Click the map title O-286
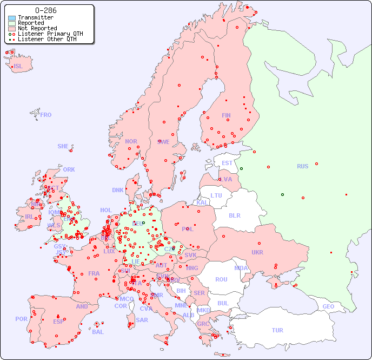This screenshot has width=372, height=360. tap(45, 10)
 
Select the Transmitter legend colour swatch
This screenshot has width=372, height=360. tap(12, 18)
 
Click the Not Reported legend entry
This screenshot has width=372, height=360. tap(37, 28)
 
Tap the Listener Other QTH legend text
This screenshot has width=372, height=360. tap(50, 39)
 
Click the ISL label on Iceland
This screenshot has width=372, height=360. tap(18, 67)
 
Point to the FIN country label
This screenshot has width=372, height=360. tap(226, 115)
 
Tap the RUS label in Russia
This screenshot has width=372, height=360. tap(302, 166)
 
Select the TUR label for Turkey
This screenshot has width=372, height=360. tap(277, 330)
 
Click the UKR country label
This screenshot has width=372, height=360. tap(257, 252)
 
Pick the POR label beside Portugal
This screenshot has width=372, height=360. tap(21, 319)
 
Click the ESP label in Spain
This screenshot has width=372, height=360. tap(58, 322)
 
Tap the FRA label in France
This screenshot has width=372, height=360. tap(94, 273)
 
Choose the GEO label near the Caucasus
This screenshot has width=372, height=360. tap(328, 306)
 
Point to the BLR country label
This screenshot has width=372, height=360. tap(234, 215)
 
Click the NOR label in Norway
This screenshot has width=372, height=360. tap(131, 141)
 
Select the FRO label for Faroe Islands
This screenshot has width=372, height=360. tap(46, 115)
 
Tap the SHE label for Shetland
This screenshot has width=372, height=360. tap(63, 146)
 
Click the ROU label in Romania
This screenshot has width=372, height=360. tap(221, 279)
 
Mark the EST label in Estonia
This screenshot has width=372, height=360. tap(227, 163)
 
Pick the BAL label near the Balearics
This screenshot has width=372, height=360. tap(98, 332)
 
